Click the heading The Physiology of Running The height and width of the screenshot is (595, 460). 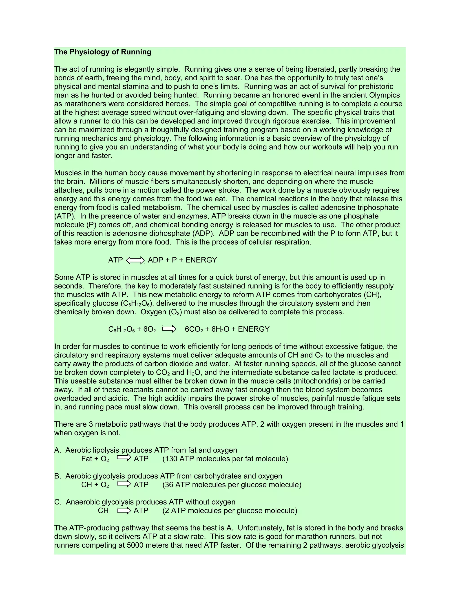tap(102, 52)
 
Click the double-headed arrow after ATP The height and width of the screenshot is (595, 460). tap(135, 260)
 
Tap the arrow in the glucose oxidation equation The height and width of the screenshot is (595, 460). tap(169, 329)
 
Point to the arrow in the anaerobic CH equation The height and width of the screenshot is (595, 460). tap(124, 511)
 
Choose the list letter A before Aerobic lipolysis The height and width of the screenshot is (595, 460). tap(57, 450)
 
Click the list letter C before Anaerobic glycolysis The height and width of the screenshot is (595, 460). tap(57, 502)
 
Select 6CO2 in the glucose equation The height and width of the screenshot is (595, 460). tap(194, 329)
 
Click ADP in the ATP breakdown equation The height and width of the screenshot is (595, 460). tap(155, 260)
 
